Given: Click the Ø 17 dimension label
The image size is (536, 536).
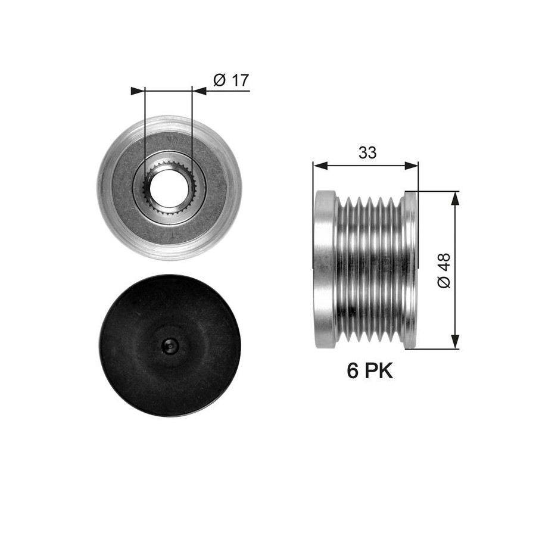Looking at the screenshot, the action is click(x=231, y=80).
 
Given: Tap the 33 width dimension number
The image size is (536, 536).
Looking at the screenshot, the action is click(x=367, y=153).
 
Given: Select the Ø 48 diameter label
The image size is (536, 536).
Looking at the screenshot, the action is click(x=444, y=270).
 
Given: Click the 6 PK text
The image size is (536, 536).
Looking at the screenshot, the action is click(x=370, y=371).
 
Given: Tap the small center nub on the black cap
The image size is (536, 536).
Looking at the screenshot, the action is click(x=170, y=347).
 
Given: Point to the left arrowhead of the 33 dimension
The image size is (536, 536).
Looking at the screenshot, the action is click(x=320, y=166).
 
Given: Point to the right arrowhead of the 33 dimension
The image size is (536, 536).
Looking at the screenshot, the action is click(x=411, y=166).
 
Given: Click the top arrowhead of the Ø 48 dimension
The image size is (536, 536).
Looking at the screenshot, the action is click(x=455, y=198).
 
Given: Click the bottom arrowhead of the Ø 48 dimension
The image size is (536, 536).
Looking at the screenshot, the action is click(x=455, y=342).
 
